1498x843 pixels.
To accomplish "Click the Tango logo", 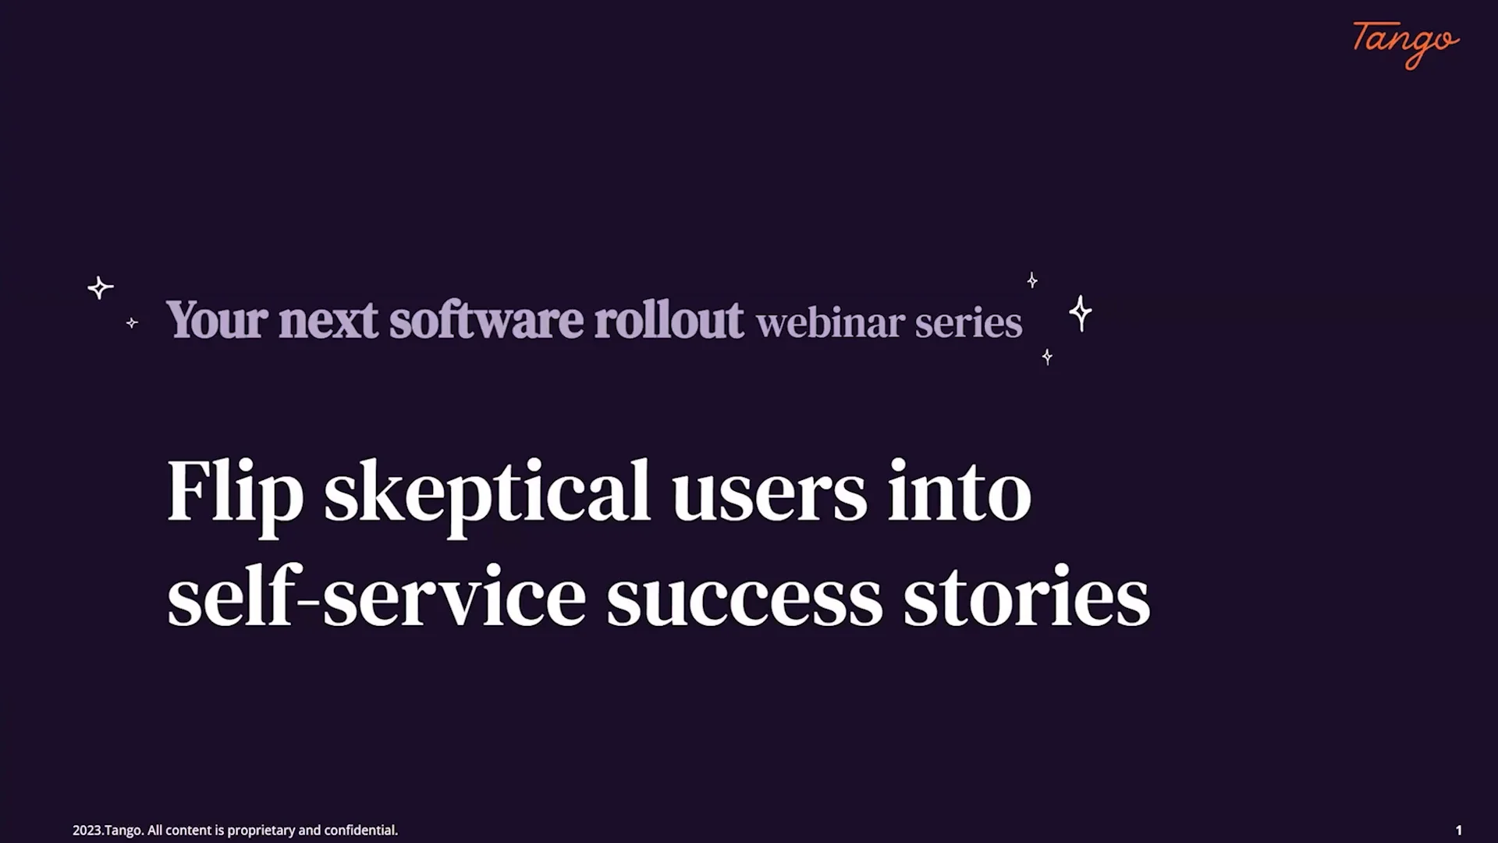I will (x=1405, y=44).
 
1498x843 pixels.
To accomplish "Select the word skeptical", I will (x=487, y=493).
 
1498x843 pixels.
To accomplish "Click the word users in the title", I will (x=769, y=493).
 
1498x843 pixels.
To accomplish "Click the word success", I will (x=744, y=599).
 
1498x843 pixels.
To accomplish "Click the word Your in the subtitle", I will (x=217, y=320).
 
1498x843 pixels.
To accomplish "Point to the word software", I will (x=486, y=320).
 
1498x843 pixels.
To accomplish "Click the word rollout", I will (x=669, y=320).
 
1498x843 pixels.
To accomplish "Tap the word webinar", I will (x=830, y=323).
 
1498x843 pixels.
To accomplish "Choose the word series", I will (x=968, y=323).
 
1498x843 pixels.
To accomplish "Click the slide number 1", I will (x=1458, y=831).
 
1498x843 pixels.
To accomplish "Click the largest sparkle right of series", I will (x=1081, y=313).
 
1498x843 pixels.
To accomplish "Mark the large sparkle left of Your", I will (x=100, y=288).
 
